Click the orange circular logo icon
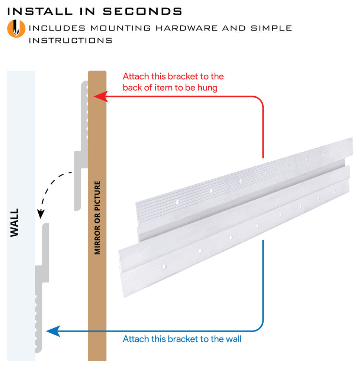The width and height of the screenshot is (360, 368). [x=16, y=28]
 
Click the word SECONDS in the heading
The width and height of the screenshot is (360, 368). [x=142, y=11]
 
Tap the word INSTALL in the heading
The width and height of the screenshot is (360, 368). [x=40, y=11]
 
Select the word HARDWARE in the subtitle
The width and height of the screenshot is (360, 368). [x=187, y=28]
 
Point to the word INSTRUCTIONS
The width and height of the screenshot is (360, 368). [x=70, y=41]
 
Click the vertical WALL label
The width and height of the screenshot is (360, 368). [x=15, y=223]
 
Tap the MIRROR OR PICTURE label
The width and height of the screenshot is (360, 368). [x=97, y=217]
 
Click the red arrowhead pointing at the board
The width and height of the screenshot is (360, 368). [x=101, y=96]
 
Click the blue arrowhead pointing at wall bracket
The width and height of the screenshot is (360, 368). [x=54, y=331]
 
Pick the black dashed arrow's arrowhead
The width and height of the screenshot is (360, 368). [x=41, y=214]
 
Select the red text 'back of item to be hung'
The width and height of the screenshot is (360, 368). [x=170, y=88]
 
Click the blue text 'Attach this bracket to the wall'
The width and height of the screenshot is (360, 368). [x=182, y=339]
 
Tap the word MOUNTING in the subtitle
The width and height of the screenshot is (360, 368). [x=120, y=28]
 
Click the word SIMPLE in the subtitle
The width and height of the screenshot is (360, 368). [x=271, y=28]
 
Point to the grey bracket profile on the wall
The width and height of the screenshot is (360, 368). [x=42, y=288]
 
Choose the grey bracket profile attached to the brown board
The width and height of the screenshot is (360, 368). [x=81, y=145]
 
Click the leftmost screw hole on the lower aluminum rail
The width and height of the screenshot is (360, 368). [x=164, y=267]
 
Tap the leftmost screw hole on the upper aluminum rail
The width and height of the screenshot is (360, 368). [x=177, y=201]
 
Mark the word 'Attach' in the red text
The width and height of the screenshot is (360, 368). [x=136, y=76]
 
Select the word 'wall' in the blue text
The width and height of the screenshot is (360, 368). [x=234, y=339]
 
